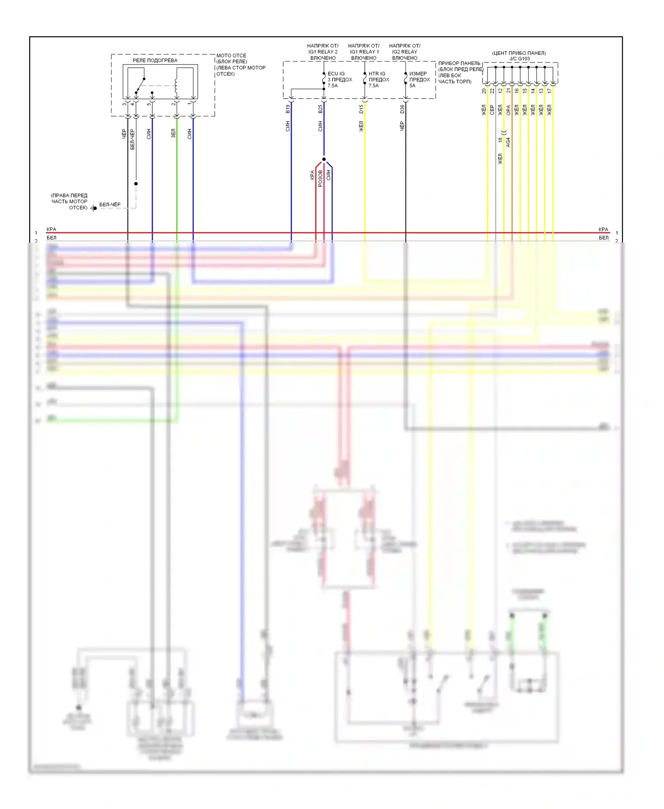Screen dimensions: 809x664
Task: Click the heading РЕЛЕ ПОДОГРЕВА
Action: tap(155, 60)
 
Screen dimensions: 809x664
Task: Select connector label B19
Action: tap(288, 109)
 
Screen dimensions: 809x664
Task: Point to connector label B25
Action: tap(320, 109)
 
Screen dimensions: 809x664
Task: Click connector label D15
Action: tap(361, 109)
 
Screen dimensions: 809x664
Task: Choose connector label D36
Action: tap(402, 109)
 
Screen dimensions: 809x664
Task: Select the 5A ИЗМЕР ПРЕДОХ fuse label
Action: tap(419, 80)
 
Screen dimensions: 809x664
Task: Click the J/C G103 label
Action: tap(519, 58)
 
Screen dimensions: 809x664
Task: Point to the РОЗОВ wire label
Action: tap(320, 178)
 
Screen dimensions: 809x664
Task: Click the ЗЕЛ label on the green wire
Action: tap(174, 133)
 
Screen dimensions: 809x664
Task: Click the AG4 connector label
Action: tap(508, 142)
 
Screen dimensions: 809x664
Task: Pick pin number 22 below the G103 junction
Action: tap(492, 91)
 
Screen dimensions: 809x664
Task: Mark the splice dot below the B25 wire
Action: tap(324, 159)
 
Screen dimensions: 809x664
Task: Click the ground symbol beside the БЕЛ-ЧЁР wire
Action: tap(93, 208)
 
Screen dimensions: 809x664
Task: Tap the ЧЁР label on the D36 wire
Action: tap(402, 127)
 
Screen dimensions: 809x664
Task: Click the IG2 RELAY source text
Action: tap(405, 52)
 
